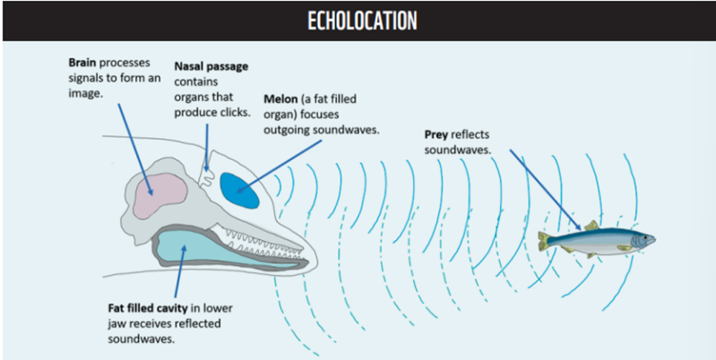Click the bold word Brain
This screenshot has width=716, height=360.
coord(84,64)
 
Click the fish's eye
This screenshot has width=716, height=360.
coord(642,238)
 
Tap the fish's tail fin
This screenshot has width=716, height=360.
coord(544,241)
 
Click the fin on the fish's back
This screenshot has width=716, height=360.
coord(591,225)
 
